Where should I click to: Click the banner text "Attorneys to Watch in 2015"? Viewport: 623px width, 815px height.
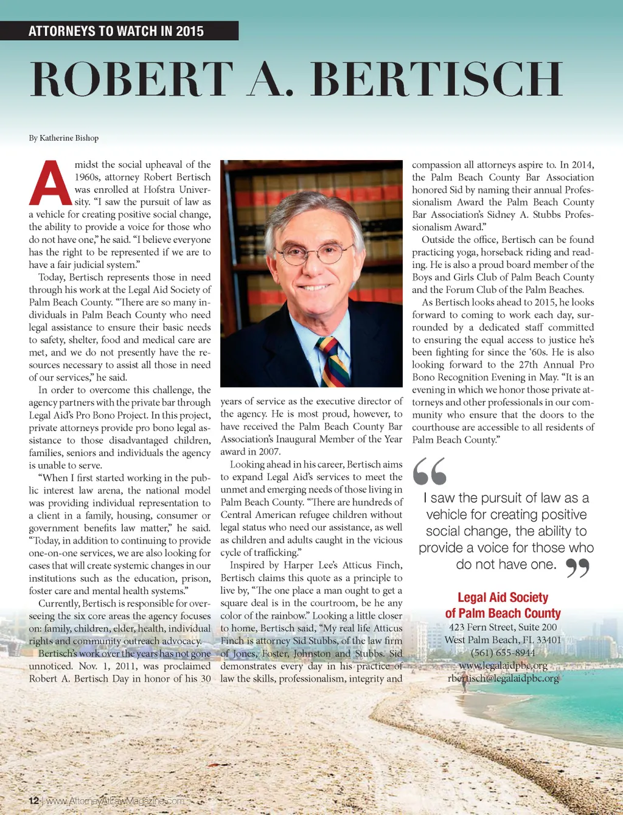click(116, 31)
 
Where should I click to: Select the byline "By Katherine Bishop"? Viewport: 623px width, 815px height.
click(64, 138)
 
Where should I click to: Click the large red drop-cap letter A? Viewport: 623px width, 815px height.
click(50, 183)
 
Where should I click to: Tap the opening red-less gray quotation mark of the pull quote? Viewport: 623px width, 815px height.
click(430, 470)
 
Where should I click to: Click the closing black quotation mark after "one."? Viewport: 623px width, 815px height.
click(577, 568)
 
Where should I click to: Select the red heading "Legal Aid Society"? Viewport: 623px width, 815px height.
click(503, 598)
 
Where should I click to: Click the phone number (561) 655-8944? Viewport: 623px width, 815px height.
click(503, 653)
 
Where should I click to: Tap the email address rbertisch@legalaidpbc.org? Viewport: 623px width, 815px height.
click(503, 678)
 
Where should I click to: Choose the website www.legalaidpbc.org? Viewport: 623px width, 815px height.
click(503, 665)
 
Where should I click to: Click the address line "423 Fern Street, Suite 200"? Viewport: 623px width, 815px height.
click(503, 628)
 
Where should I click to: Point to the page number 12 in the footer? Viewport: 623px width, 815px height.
click(34, 800)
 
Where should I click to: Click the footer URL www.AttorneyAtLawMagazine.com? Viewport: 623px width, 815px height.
click(115, 800)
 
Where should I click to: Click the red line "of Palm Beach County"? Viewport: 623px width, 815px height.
click(503, 614)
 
